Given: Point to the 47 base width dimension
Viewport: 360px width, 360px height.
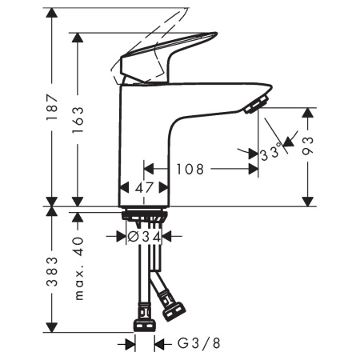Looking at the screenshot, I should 144,189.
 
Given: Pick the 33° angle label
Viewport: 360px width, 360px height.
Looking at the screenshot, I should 271,150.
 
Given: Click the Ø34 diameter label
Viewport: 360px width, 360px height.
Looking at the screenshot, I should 145,237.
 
